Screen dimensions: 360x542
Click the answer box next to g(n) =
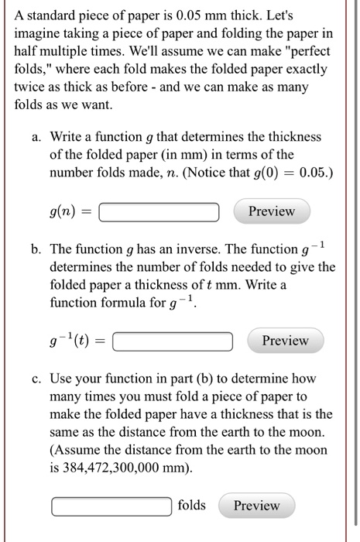(x=159, y=211)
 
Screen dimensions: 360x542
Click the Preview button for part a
(x=272, y=211)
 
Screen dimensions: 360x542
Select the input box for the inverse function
(x=173, y=341)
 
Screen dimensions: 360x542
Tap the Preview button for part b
(x=285, y=341)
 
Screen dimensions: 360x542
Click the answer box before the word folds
(x=111, y=506)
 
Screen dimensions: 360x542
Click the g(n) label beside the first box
(x=66, y=211)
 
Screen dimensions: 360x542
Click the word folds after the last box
(x=192, y=506)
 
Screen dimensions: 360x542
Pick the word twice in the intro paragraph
(x=30, y=88)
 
